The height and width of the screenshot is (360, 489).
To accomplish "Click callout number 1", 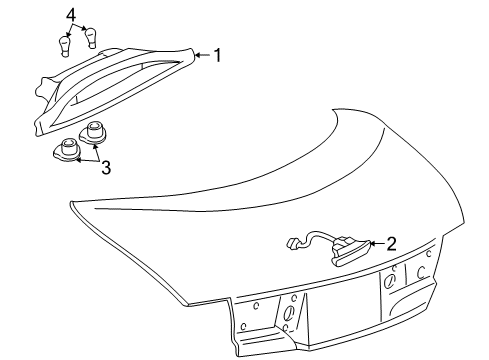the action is [x=217, y=55].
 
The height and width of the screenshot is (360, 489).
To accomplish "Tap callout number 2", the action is [x=391, y=244].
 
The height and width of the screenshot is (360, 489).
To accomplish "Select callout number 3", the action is [x=106, y=167].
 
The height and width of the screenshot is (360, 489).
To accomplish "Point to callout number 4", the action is [x=71, y=16].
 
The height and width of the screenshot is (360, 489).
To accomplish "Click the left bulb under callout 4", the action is [x=65, y=47].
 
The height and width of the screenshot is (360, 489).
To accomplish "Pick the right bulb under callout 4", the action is [x=91, y=38].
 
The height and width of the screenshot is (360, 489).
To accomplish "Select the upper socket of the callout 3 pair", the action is [x=93, y=133].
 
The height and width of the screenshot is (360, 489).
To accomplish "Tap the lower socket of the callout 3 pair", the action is [x=68, y=150].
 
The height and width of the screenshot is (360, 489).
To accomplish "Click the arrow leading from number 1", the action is [x=203, y=55].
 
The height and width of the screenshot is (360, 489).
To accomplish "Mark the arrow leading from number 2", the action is [x=377, y=244].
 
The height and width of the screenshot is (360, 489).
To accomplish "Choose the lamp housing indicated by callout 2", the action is [x=351, y=252].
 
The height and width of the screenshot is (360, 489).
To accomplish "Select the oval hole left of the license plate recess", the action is [x=289, y=312].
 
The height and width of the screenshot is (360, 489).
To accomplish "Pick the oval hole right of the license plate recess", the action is [x=389, y=281].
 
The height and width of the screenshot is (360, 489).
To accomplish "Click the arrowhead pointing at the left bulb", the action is [x=69, y=34].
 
